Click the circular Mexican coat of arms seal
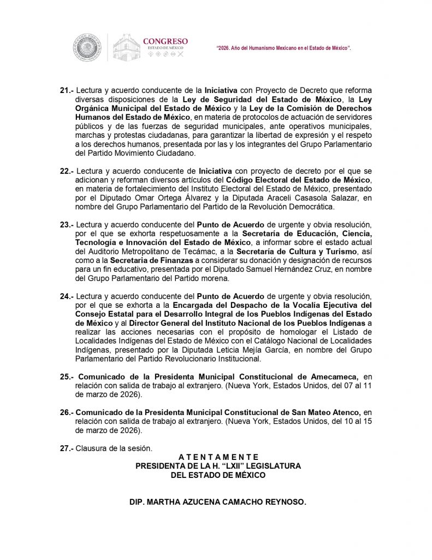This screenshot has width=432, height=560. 87,48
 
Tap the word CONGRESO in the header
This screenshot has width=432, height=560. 165,41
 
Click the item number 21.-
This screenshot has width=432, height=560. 67,89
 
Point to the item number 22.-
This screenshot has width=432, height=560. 67,171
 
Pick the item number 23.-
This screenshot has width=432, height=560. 67,225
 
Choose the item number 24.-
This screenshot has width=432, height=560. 67,296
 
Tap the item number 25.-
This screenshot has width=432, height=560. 67,377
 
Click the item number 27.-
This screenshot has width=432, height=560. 67,448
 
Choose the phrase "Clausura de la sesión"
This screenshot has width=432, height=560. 114,448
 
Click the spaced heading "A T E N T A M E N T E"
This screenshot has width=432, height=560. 218,457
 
